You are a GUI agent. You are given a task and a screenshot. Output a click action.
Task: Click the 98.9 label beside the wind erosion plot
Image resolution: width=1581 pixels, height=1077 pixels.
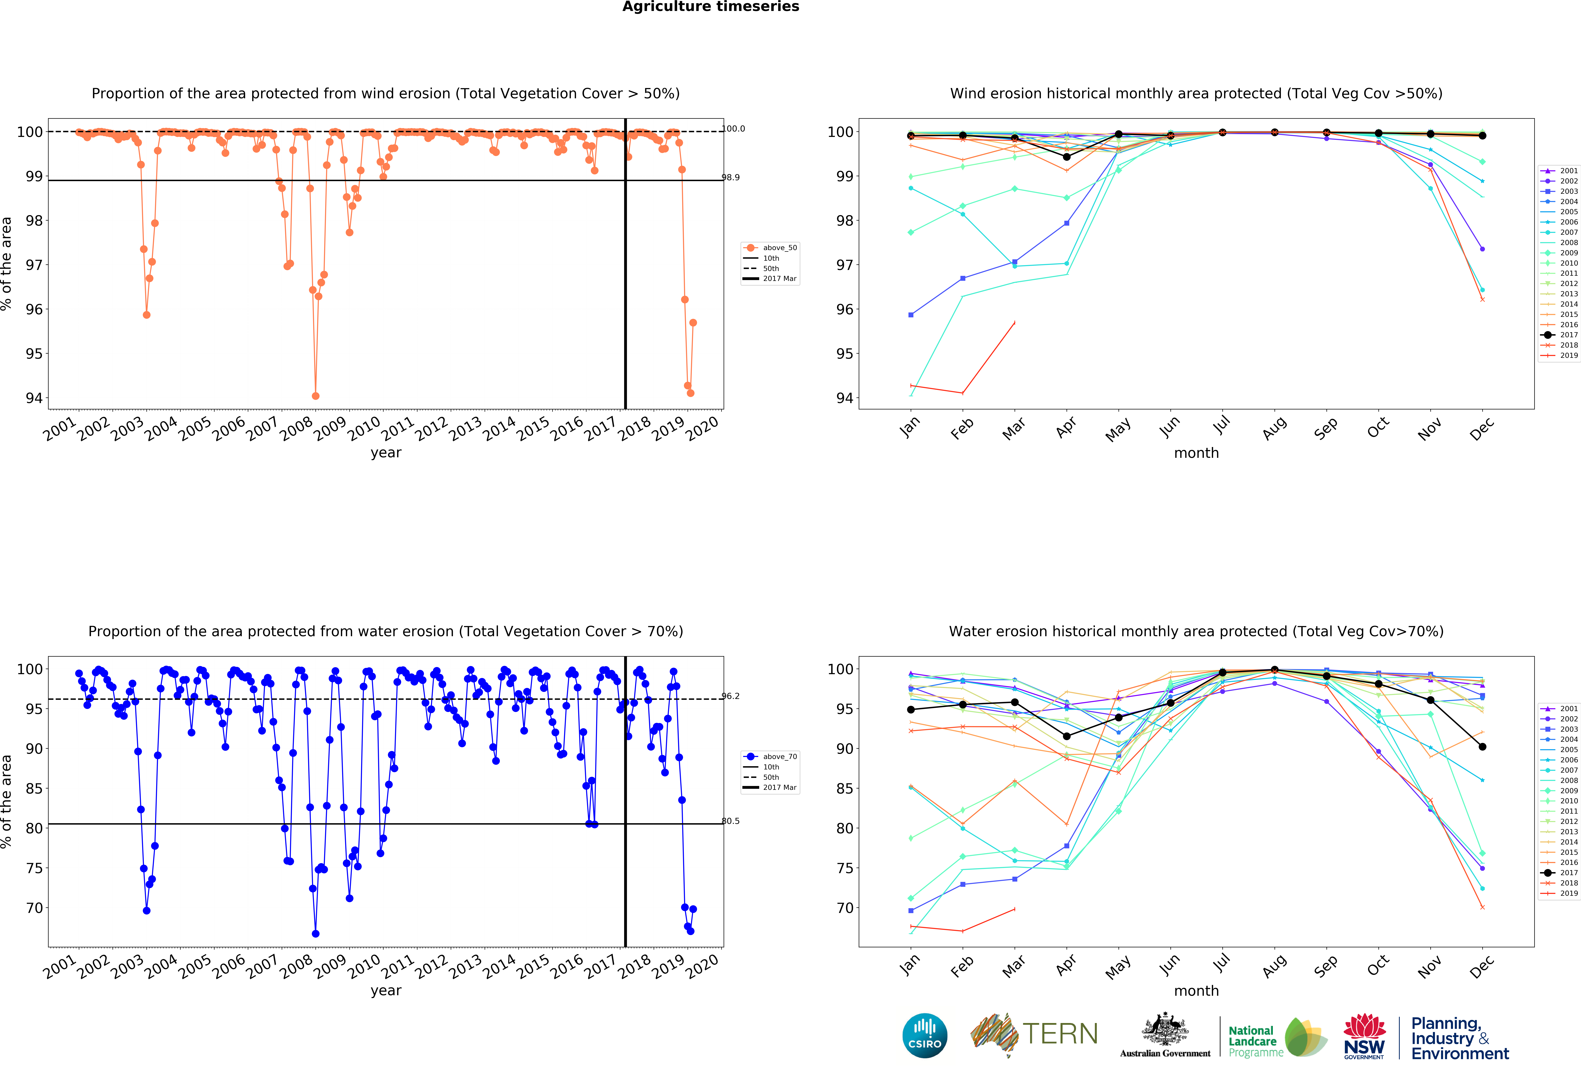pyautogui.click(x=731, y=177)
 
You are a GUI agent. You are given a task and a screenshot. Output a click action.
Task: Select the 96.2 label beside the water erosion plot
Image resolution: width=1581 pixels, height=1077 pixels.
pyautogui.click(x=731, y=696)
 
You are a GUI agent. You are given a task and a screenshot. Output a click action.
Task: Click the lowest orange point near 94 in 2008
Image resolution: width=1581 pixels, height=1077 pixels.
pyautogui.click(x=316, y=396)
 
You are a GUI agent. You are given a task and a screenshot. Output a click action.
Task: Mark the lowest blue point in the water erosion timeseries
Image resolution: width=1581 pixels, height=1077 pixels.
pyautogui.click(x=316, y=934)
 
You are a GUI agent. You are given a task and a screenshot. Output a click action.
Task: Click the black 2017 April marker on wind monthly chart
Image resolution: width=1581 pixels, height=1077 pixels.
pyautogui.click(x=1067, y=157)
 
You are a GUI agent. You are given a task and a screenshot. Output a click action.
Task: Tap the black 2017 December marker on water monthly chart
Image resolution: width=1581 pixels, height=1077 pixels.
pyautogui.click(x=1482, y=746)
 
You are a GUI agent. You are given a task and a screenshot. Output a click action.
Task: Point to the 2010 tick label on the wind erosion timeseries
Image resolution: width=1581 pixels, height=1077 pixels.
pyautogui.click(x=364, y=428)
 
